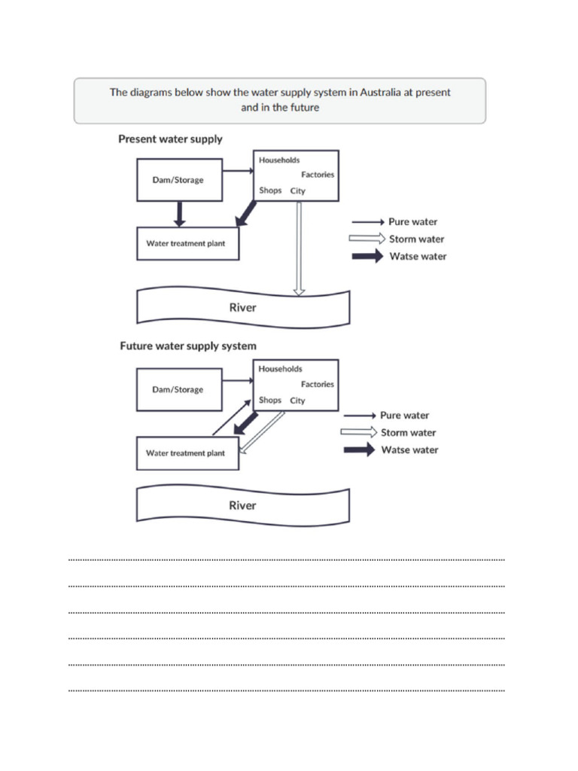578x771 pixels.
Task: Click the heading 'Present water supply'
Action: (x=170, y=139)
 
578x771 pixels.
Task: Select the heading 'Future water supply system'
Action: (x=188, y=346)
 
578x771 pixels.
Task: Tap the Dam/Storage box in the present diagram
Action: (x=178, y=180)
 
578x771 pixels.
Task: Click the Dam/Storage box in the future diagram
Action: (x=178, y=389)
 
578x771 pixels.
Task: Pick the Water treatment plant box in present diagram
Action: (x=187, y=243)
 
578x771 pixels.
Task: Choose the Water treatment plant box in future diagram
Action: (x=187, y=453)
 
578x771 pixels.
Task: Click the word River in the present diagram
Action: (x=242, y=307)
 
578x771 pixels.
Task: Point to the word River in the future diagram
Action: (x=242, y=505)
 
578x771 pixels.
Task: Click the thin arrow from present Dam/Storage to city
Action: (x=238, y=171)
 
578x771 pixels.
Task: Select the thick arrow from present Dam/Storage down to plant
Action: (x=179, y=214)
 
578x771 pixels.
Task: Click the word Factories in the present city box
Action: (x=318, y=175)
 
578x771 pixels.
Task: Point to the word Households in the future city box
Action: (x=280, y=369)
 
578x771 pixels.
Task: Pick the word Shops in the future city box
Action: (x=270, y=400)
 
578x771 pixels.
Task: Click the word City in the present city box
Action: (x=298, y=191)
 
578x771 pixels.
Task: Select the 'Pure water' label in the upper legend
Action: (x=412, y=222)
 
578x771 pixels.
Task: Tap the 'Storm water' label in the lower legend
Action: (x=408, y=433)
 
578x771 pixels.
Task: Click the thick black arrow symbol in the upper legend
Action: (x=367, y=257)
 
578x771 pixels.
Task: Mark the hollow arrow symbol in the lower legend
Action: (x=358, y=432)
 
